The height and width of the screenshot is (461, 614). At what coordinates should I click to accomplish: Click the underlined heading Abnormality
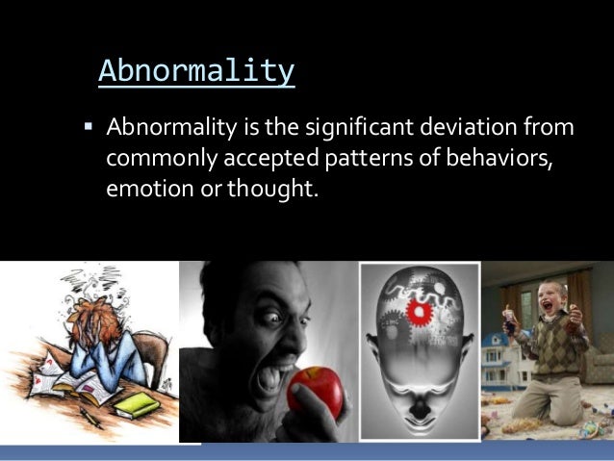196,70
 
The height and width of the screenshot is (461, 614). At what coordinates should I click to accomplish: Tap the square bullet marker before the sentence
87,127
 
